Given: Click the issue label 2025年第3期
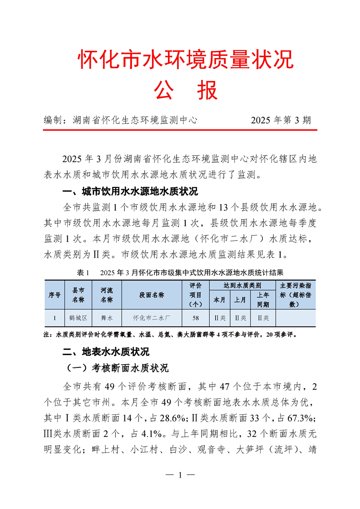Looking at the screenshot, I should [281, 120].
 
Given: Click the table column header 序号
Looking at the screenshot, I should [54, 295].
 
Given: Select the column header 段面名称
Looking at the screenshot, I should [152, 295].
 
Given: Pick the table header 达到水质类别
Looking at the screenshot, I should [242, 286].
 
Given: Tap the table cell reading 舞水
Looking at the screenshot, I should [107, 318].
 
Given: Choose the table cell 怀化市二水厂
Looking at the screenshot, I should [152, 318].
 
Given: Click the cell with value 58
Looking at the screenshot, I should [195, 318].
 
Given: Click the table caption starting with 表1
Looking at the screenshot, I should [180, 273].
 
